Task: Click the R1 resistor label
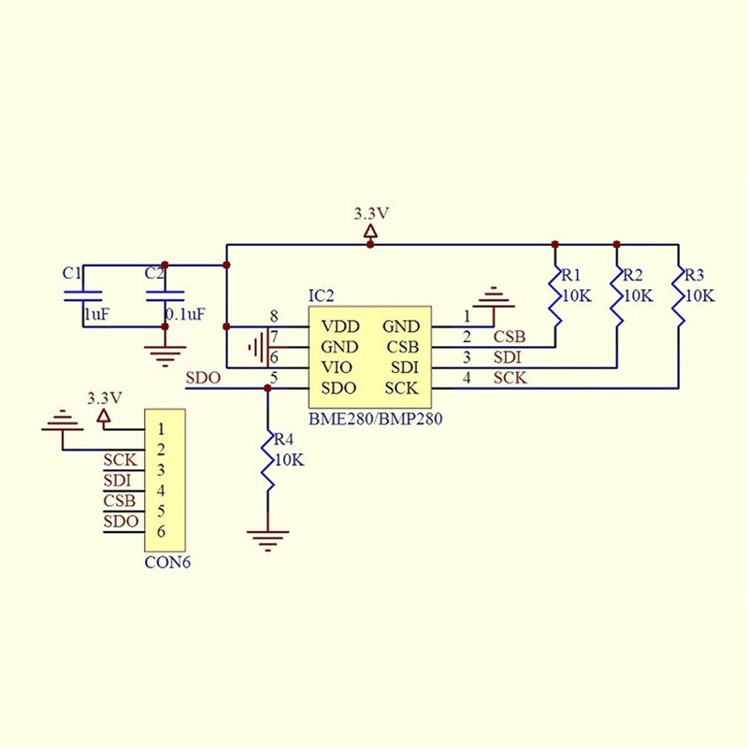(571, 276)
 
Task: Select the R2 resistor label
(633, 276)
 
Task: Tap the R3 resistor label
(695, 276)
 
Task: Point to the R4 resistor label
(282, 439)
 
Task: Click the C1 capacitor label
(72, 273)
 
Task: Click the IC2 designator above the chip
(322, 295)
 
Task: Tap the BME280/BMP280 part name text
(375, 419)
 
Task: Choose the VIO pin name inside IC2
(337, 367)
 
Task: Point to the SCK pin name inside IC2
(401, 388)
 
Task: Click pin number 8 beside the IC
(273, 316)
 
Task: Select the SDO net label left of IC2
(203, 379)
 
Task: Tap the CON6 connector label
(165, 563)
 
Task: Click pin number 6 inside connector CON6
(162, 532)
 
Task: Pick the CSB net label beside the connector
(120, 501)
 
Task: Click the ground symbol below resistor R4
(267, 537)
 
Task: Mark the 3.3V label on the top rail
(371, 214)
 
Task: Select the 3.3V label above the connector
(104, 397)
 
